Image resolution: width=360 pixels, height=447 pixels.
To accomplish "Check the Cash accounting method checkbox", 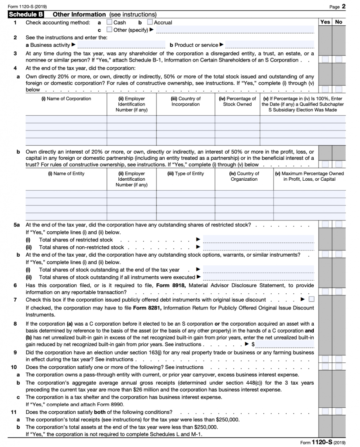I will (109, 22).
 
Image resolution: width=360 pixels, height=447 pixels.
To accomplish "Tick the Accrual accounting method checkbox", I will (150, 22).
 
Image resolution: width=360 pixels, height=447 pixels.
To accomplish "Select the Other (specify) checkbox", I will (109, 30).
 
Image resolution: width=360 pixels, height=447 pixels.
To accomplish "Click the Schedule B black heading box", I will (28, 14).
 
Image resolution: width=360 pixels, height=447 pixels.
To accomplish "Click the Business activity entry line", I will (121, 45).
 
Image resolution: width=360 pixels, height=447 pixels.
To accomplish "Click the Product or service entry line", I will (270, 45).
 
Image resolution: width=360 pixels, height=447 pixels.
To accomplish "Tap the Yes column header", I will (325, 22).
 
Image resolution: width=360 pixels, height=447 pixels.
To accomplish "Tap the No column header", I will (339, 22).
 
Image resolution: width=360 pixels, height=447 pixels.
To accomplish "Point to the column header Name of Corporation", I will (66, 99).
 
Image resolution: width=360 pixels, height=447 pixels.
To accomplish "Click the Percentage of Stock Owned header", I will (237, 102).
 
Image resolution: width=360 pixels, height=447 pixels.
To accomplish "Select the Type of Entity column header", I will (186, 174).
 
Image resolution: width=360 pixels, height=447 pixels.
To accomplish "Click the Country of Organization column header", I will (244, 176).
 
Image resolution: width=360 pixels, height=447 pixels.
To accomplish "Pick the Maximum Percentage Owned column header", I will (309, 176).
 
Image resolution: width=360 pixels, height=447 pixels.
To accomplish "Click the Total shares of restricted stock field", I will (258, 240).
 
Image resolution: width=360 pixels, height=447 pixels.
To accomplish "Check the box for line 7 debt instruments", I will (311, 299).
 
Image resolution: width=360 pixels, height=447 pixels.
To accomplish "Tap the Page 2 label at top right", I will (338, 6).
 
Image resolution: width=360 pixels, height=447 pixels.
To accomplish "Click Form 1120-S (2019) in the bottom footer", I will (322, 442).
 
